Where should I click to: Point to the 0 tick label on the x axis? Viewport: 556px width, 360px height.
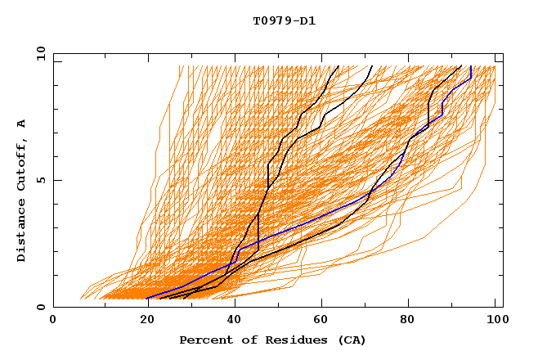pos(53,320)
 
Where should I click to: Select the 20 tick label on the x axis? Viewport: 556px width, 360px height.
pos(141,320)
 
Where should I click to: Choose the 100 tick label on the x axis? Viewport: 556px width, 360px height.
pos(495,320)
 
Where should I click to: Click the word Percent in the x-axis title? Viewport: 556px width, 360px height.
pos(204,340)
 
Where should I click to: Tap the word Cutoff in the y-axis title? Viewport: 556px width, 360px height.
pos(22,164)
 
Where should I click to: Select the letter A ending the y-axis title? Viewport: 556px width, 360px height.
pos(22,124)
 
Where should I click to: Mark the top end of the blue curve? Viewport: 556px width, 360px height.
pos(471,66)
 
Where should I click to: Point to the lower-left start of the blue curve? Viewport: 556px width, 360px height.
pos(148,299)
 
